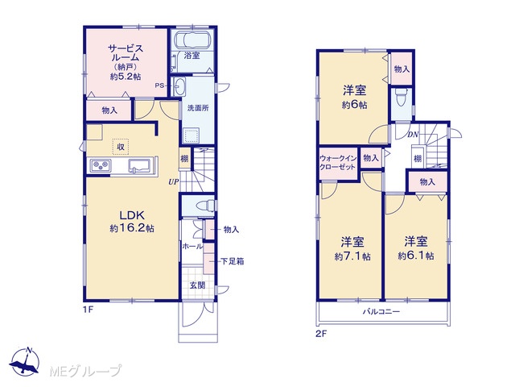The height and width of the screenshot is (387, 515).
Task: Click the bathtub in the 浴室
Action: (192, 40)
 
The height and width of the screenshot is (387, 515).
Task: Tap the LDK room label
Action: (132, 215)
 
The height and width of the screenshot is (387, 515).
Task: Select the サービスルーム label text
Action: (126, 53)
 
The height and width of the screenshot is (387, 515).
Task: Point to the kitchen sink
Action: (139, 165)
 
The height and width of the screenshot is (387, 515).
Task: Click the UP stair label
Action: (174, 182)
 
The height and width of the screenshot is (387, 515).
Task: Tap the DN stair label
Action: (413, 135)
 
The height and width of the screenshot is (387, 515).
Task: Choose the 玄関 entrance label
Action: (197, 285)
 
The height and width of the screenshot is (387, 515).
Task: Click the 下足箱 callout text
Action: (233, 261)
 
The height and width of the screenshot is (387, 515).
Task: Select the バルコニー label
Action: (381, 311)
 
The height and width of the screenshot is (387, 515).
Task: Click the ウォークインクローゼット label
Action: (338, 163)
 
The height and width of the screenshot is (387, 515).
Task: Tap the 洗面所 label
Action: (198, 108)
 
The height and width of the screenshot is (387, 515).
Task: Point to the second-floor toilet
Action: (401, 98)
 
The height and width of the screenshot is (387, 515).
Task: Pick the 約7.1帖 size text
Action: (352, 256)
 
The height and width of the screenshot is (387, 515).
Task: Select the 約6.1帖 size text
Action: (416, 256)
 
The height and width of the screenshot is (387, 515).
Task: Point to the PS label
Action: (159, 85)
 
